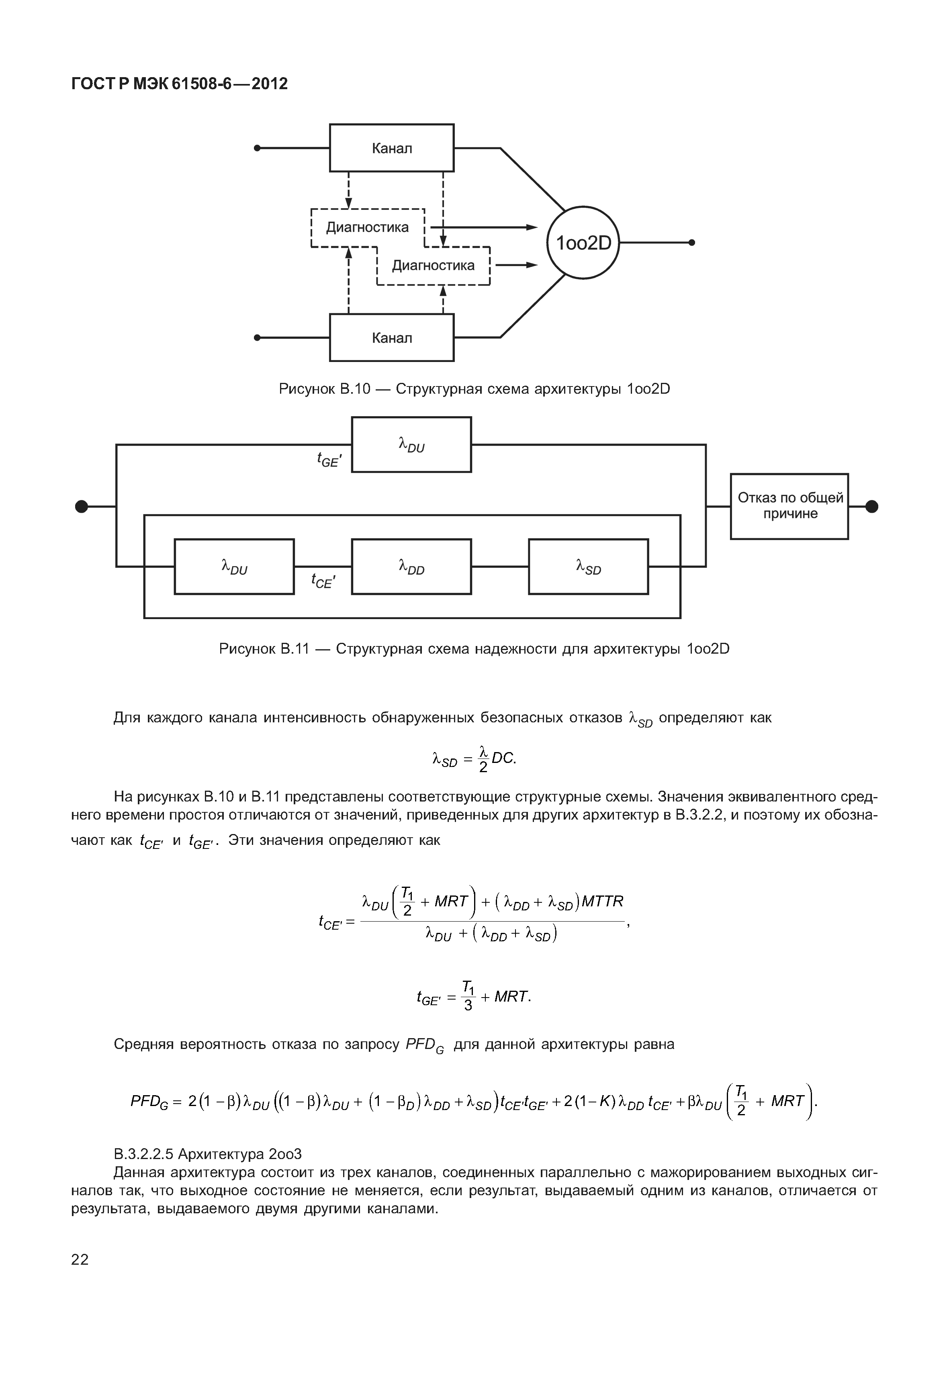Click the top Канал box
point(391,148)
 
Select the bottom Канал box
point(391,338)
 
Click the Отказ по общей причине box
point(789,506)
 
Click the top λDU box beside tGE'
point(411,445)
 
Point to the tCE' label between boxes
point(323,581)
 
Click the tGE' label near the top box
point(329,459)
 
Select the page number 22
point(80,1259)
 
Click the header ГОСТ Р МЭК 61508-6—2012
point(180,84)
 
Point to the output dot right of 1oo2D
point(691,243)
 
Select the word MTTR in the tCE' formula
point(602,902)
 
